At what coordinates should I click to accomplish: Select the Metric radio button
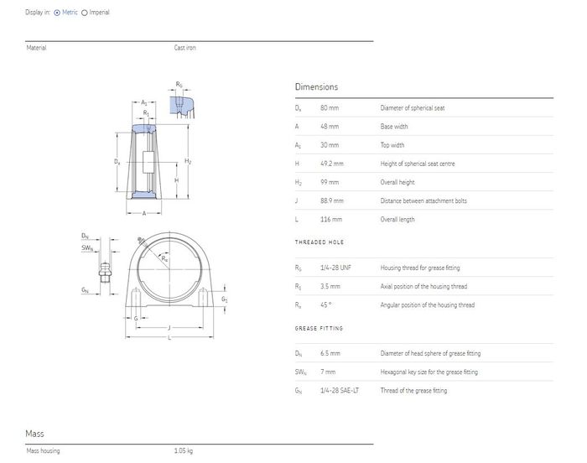57,13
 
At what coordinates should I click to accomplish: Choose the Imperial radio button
85,13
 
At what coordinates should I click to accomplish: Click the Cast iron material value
185,48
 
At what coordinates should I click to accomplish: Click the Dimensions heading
316,87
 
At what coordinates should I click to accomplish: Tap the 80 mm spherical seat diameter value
330,108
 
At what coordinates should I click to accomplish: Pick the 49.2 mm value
332,164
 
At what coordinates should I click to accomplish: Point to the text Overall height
397,182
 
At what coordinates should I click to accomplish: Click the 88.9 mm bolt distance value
332,200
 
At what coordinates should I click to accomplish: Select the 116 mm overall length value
331,219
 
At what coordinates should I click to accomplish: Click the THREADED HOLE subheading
319,242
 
